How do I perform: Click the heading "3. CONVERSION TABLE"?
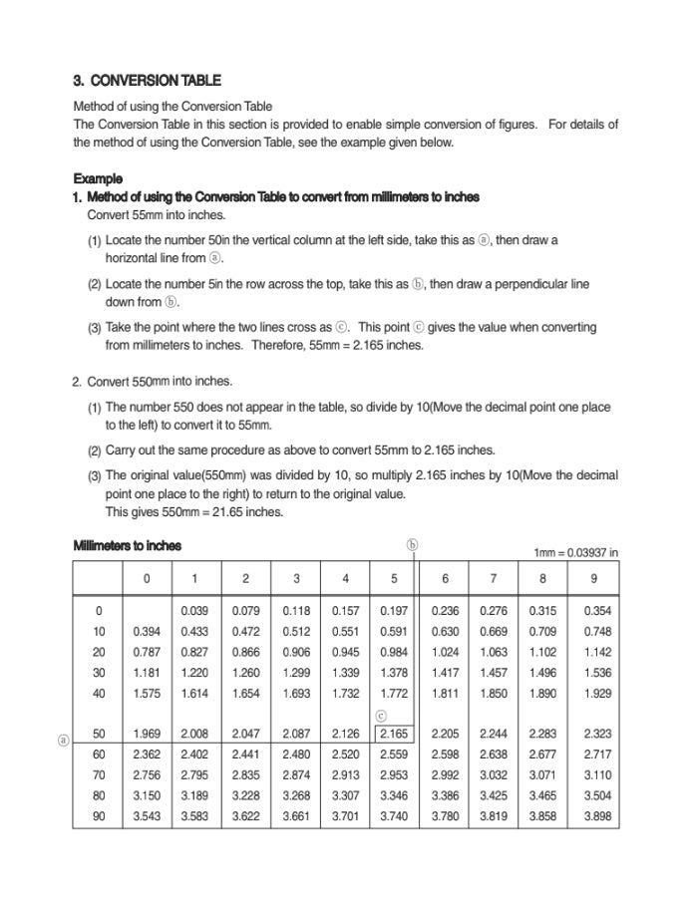(x=148, y=81)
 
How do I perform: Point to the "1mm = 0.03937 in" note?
(x=576, y=552)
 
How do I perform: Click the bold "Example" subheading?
(x=98, y=179)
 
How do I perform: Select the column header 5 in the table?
(x=394, y=578)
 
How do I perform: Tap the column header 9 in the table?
(x=594, y=578)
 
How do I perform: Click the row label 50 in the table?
(x=99, y=734)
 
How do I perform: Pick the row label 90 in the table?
(x=99, y=816)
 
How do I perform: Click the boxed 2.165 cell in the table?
(x=394, y=734)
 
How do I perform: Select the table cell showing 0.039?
(x=194, y=611)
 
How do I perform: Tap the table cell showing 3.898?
(x=597, y=816)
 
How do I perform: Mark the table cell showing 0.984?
(x=394, y=652)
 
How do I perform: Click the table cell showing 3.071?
(x=543, y=774)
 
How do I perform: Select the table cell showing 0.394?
(x=147, y=632)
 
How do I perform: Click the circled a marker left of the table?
(x=63, y=741)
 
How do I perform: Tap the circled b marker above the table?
(x=413, y=545)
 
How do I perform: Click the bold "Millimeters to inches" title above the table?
(x=128, y=546)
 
